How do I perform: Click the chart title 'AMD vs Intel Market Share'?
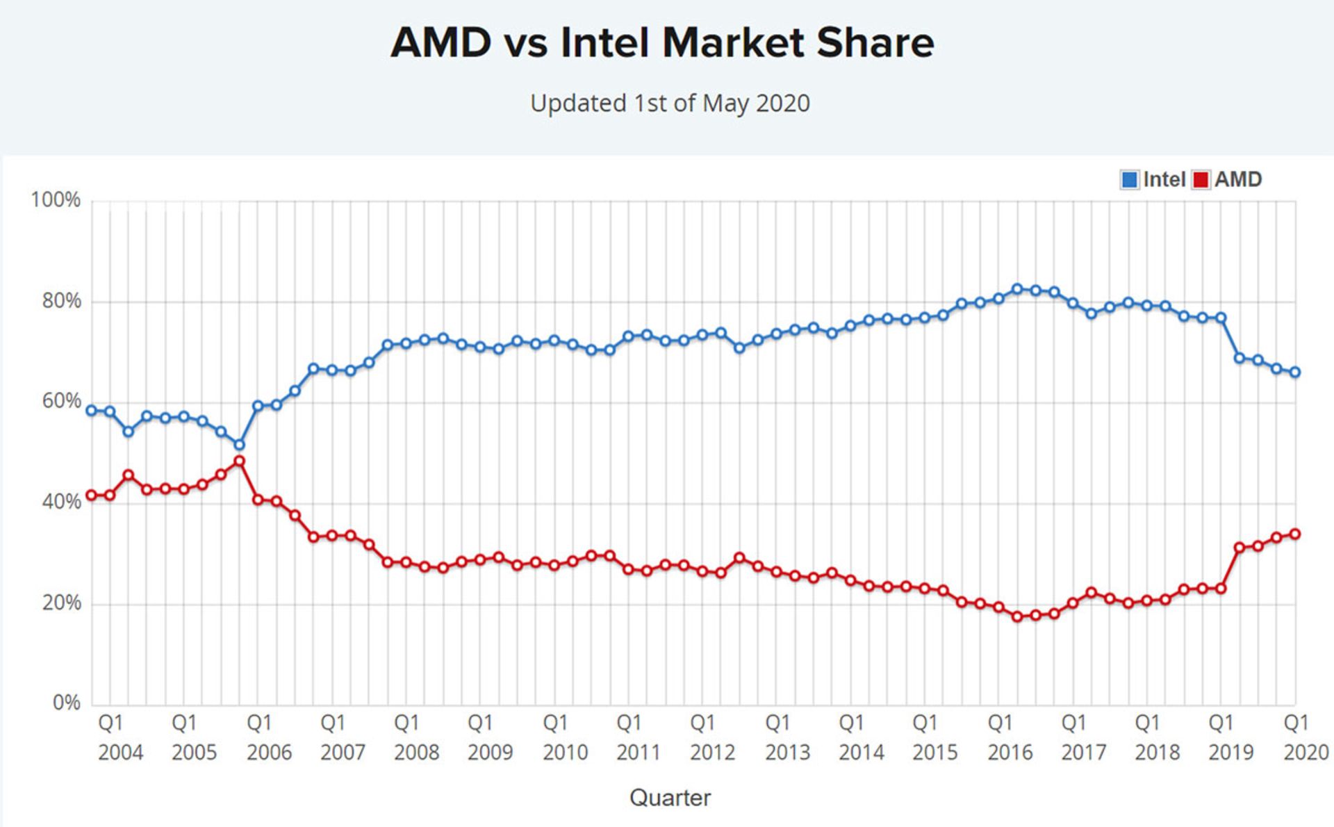662,43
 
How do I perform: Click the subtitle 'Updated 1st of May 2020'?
670,104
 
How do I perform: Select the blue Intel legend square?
1129,180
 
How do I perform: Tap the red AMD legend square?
1201,180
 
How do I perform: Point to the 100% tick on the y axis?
56,200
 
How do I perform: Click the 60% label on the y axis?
61,401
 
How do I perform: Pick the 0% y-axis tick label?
66,703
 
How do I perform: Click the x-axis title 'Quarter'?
670,797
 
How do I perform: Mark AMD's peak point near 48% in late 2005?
239,461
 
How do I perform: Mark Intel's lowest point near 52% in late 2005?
239,445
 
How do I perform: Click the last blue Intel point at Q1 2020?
1295,372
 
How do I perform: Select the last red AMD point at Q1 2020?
1295,534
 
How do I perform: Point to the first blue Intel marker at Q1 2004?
91,411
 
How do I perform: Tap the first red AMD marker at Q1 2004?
91,496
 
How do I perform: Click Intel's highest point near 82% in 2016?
1017,289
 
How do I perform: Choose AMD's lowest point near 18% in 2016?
1017,616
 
